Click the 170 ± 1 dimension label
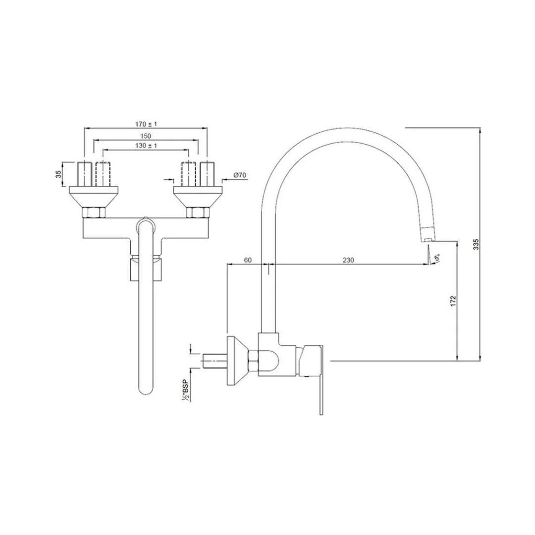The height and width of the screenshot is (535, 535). [146, 124]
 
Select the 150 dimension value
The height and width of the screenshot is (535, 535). [146, 135]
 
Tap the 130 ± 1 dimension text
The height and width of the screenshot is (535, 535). [146, 146]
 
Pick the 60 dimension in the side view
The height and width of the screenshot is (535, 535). [248, 260]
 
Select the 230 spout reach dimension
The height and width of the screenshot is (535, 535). [348, 260]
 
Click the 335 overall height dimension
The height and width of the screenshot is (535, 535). [476, 244]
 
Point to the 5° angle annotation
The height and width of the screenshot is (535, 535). [436, 258]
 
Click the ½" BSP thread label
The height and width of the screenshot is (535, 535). [185, 390]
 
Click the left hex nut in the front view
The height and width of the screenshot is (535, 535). [94, 213]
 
